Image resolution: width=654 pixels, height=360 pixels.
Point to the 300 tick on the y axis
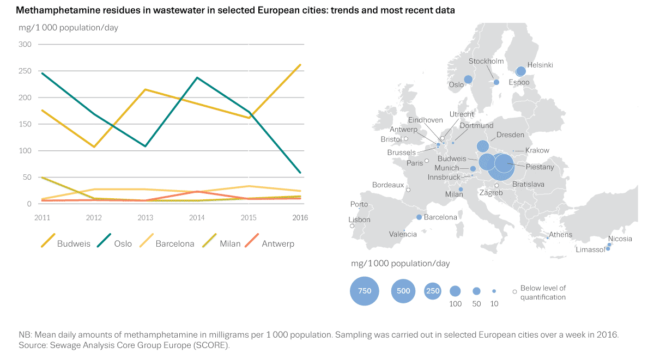click(25, 44)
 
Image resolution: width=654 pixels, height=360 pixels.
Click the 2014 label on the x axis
click(197, 217)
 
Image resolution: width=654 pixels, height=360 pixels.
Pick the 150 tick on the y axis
click(25, 124)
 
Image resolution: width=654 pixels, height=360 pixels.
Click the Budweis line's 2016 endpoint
click(300, 65)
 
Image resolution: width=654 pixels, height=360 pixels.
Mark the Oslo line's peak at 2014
click(197, 77)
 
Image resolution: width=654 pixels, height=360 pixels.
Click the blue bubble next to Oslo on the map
click(468, 80)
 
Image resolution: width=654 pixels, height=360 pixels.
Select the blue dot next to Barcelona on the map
click(419, 217)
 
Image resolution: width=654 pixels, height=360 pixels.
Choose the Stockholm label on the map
click(486, 62)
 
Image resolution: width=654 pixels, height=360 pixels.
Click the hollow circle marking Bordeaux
click(408, 190)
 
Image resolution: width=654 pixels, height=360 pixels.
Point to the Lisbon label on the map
click(359, 220)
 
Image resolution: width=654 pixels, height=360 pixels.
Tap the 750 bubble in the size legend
click(365, 291)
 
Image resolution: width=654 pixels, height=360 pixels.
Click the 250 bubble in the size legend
click(432, 291)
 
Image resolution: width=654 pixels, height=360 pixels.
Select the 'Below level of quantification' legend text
click(543, 292)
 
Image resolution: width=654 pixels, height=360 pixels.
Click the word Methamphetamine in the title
click(53, 10)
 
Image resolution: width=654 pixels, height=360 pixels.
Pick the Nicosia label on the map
click(621, 239)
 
